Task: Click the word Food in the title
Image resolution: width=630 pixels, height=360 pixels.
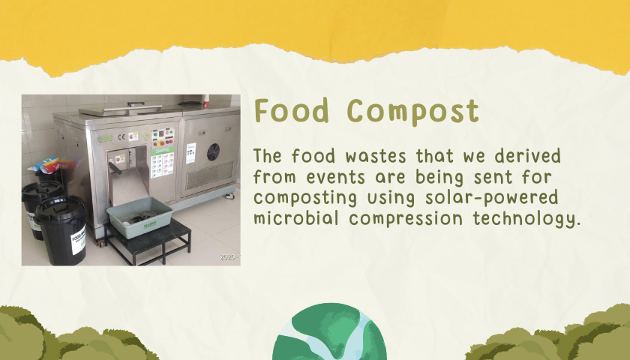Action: (292, 110)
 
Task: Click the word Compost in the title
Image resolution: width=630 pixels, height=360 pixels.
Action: (413, 112)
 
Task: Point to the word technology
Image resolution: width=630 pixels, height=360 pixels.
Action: (526, 219)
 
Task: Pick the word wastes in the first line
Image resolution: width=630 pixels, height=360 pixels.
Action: (376, 156)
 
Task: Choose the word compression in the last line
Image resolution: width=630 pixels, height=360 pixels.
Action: (406, 219)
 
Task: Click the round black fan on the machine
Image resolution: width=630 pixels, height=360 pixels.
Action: (213, 151)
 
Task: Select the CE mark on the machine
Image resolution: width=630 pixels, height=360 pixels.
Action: (121, 136)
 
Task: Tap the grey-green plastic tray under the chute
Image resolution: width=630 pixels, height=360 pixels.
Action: (139, 217)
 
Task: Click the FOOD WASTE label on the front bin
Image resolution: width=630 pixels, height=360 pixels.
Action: (79, 240)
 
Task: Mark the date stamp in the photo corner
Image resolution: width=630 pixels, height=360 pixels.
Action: (229, 257)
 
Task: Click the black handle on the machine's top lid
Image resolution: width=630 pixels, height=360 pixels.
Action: (136, 103)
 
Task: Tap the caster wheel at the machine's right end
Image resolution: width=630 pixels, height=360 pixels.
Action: (229, 196)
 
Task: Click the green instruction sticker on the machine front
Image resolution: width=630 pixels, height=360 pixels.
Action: (162, 163)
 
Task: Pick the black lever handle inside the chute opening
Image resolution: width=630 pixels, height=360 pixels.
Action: (115, 168)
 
